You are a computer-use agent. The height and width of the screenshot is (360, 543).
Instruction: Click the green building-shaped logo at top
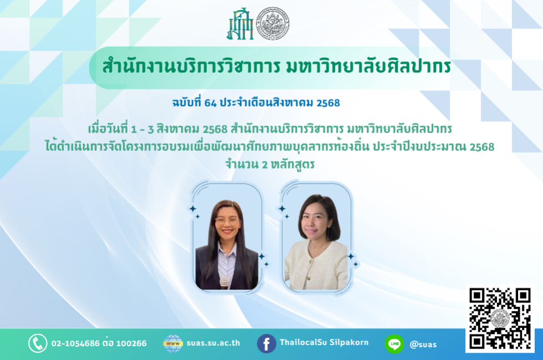[x=240, y=24]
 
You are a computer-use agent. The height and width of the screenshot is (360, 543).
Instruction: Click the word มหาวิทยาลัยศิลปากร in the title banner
[x=369, y=67]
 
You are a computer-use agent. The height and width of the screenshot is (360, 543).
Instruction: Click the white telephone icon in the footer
[x=38, y=343]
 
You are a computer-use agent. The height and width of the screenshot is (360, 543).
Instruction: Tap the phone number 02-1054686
[x=75, y=343]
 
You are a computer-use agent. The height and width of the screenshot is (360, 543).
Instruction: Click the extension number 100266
[x=131, y=343]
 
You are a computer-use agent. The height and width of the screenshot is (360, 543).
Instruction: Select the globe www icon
[x=173, y=343]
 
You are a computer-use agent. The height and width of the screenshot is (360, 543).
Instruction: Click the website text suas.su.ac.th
[x=214, y=343]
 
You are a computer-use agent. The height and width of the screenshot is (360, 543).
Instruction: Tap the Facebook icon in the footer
[x=266, y=344]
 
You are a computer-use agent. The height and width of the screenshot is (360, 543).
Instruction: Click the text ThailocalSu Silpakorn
[x=324, y=342]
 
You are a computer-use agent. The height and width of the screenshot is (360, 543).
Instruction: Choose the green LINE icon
[x=394, y=344]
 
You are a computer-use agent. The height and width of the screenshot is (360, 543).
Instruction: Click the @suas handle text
[x=423, y=344]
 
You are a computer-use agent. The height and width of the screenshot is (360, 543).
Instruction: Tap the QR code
[x=500, y=318]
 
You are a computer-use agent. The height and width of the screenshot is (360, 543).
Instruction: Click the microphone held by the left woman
[x=225, y=283]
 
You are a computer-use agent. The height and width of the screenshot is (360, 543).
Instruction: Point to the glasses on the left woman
[x=227, y=220]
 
